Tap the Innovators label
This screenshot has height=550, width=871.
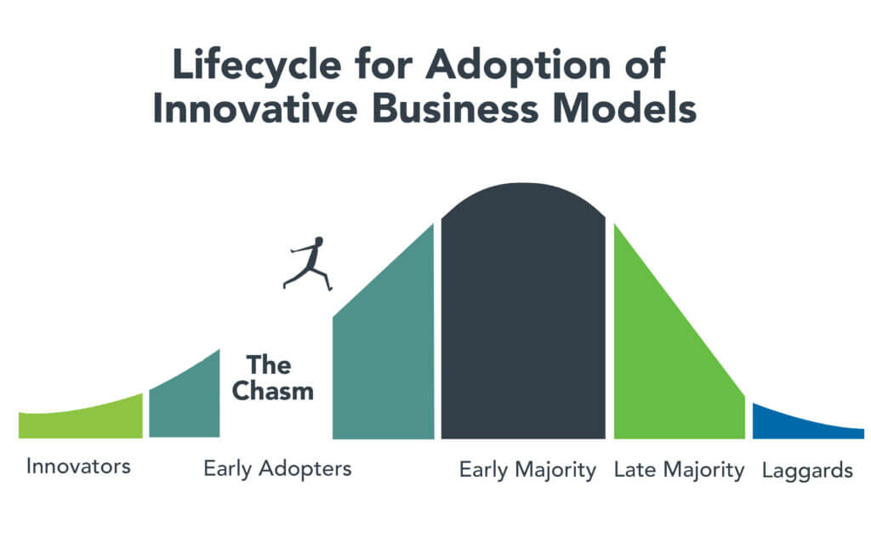point(78,466)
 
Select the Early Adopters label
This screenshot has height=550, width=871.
point(278,469)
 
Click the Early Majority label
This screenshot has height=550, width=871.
point(527,471)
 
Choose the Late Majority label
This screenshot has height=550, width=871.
point(680,471)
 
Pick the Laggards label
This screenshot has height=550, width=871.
point(808,472)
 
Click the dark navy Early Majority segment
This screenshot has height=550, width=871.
point(523,312)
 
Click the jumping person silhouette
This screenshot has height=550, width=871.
point(309,264)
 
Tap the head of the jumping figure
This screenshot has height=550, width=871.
point(318,241)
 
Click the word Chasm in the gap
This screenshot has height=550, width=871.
point(273,391)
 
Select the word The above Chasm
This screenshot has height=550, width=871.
point(269,364)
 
